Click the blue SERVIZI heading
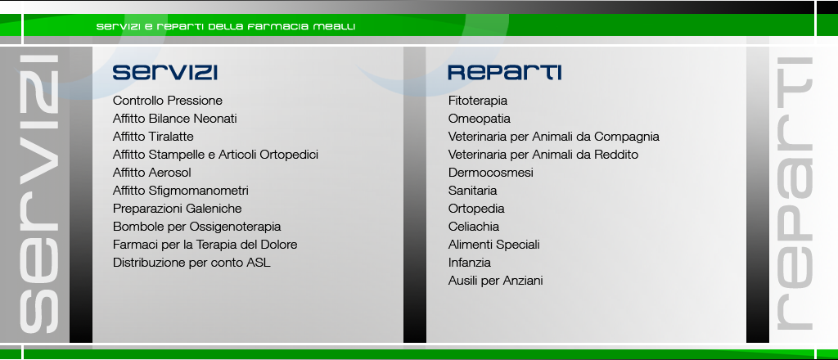coord(164,72)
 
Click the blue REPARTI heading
coord(504,72)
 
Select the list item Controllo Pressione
coord(167,101)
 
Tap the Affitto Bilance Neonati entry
coord(175,119)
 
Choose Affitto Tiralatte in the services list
coord(153,137)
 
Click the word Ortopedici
coord(289,155)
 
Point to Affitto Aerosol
coord(151,173)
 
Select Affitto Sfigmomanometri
coord(181,191)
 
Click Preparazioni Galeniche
coord(177,209)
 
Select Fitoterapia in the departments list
coord(478,101)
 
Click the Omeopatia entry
coord(480,119)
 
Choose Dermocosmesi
coord(491,173)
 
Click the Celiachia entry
coord(474,227)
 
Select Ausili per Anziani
coord(495,281)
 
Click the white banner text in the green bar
coord(226,27)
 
